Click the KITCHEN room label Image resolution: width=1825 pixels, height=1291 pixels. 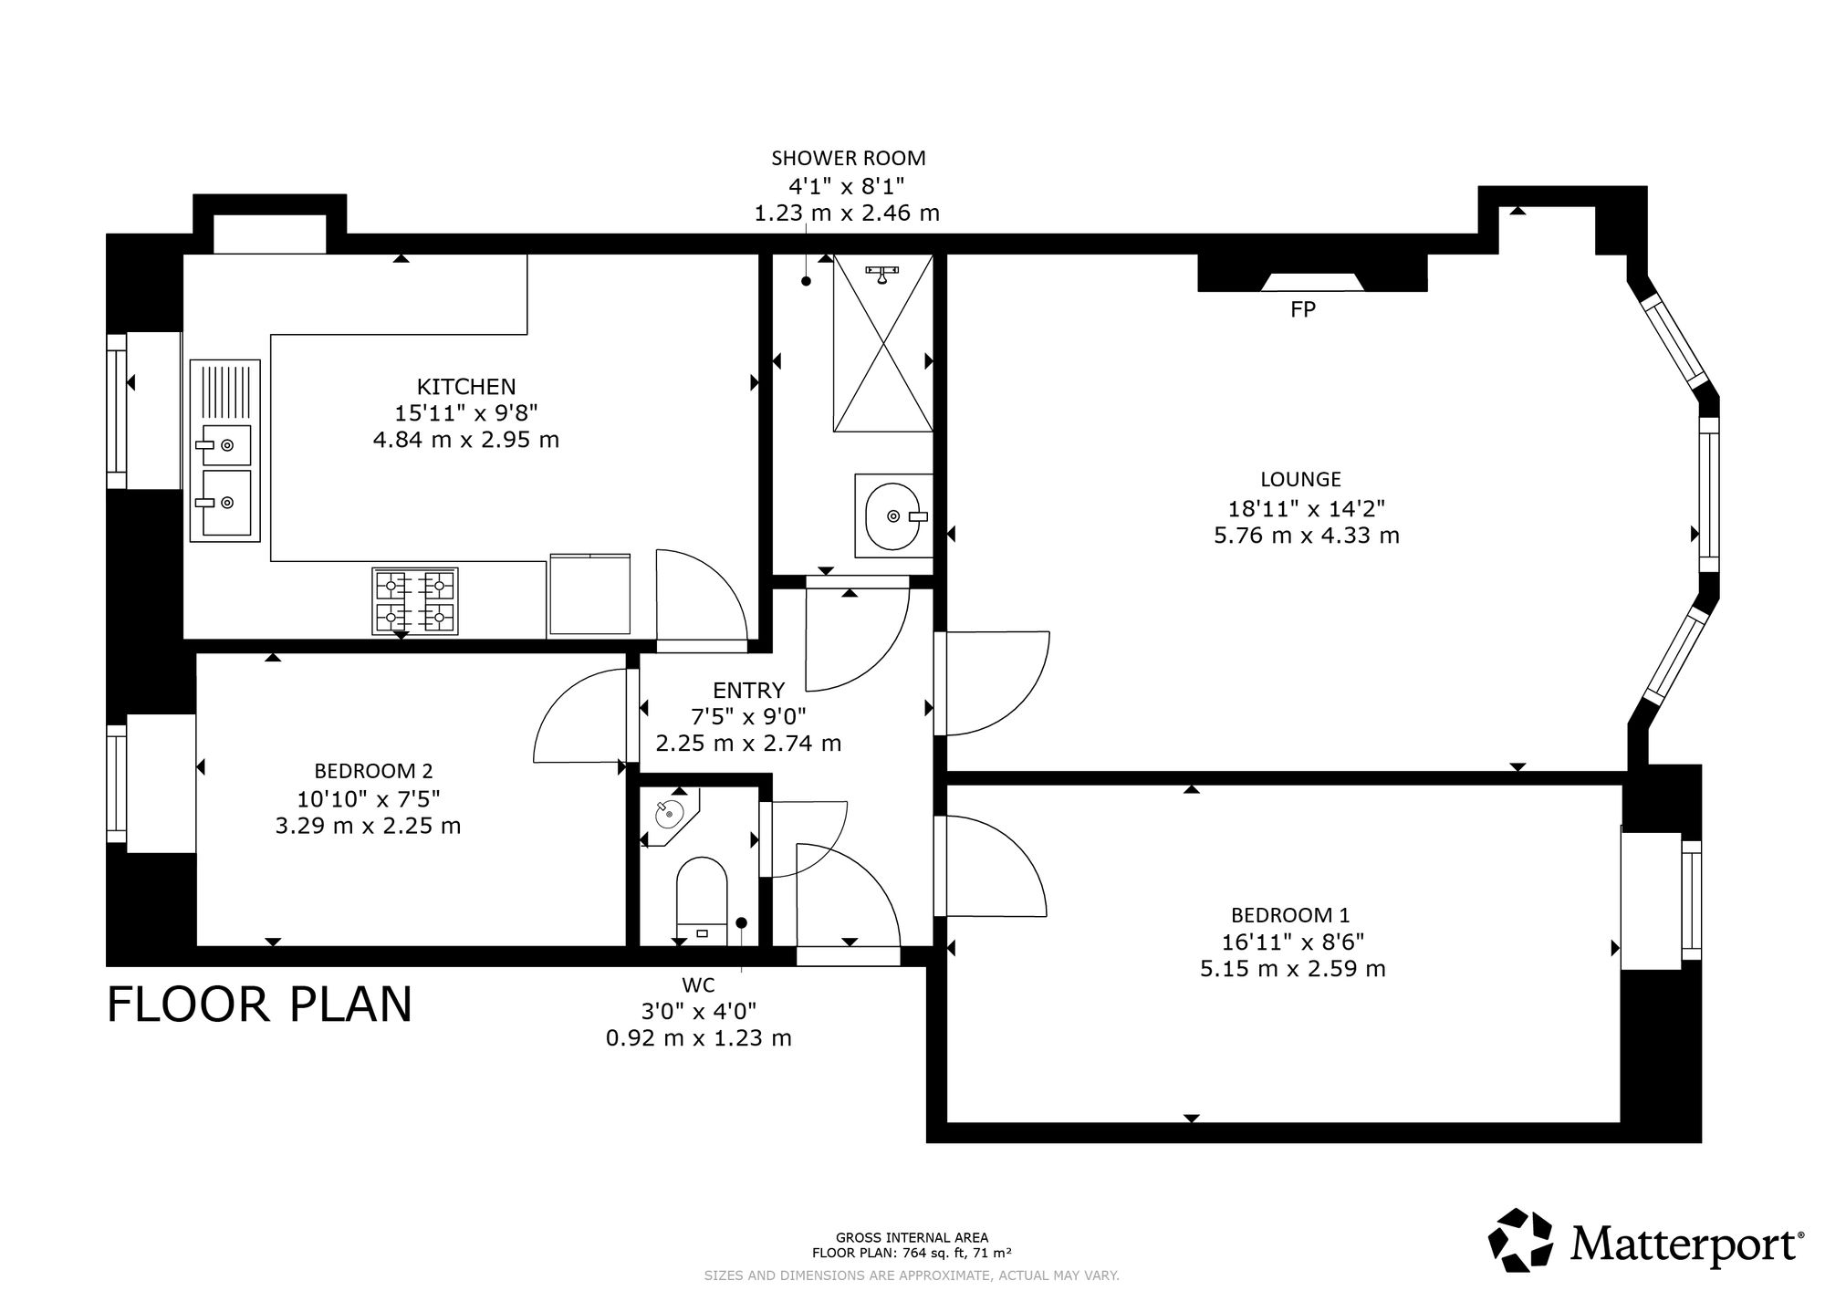[x=466, y=387]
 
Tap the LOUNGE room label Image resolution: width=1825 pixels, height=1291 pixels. [x=1300, y=479]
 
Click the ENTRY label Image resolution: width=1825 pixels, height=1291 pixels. [x=748, y=690]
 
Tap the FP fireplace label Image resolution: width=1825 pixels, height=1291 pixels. [x=1303, y=309]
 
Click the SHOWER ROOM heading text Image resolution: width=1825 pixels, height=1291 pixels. [x=849, y=158]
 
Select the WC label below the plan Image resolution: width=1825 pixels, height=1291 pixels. [x=698, y=985]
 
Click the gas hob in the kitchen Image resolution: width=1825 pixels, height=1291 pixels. [x=415, y=601]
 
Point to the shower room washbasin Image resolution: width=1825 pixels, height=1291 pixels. [x=894, y=515]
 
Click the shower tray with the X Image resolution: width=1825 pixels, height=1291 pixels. [x=883, y=343]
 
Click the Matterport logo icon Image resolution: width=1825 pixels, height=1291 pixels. [x=1521, y=1240]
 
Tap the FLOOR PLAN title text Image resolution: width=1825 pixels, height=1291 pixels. [x=260, y=1005]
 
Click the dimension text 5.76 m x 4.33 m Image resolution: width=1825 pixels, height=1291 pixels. [x=1307, y=536]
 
